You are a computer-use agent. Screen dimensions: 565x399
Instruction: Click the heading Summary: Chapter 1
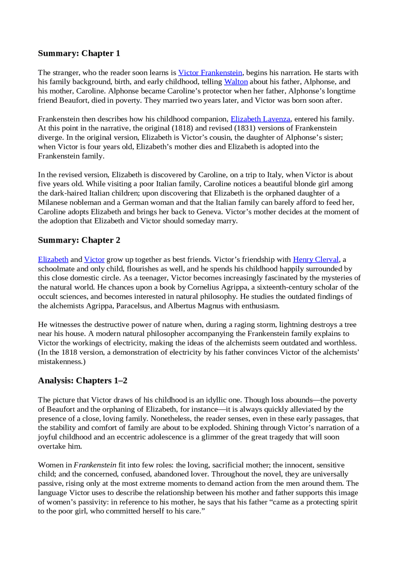coord(79,53)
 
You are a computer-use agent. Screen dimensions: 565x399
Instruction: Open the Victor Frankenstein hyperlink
coord(210,73)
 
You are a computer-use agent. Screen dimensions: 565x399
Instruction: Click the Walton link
coord(236,82)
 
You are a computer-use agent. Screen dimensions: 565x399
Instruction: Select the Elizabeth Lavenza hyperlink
coord(260,119)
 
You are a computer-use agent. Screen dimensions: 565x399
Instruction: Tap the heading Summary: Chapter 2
coord(79,240)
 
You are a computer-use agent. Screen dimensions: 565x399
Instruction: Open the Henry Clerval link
coord(315,260)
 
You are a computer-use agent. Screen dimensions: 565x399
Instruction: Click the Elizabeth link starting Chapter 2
coord(53,260)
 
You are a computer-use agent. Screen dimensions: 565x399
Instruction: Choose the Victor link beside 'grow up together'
coord(94,260)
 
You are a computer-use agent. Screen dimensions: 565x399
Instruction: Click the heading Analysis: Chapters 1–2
coord(83,381)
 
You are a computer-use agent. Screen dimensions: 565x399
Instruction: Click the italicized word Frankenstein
coord(95,465)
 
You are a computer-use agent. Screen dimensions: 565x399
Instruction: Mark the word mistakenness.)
coord(62,362)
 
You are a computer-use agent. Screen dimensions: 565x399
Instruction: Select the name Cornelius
coord(204,287)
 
